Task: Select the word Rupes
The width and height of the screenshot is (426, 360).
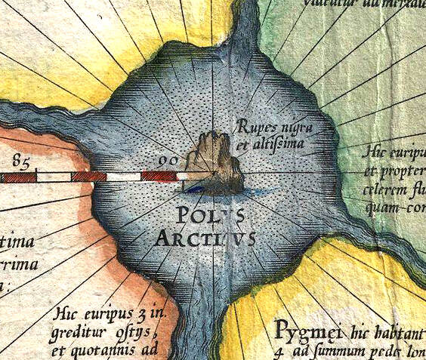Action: tap(254, 125)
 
